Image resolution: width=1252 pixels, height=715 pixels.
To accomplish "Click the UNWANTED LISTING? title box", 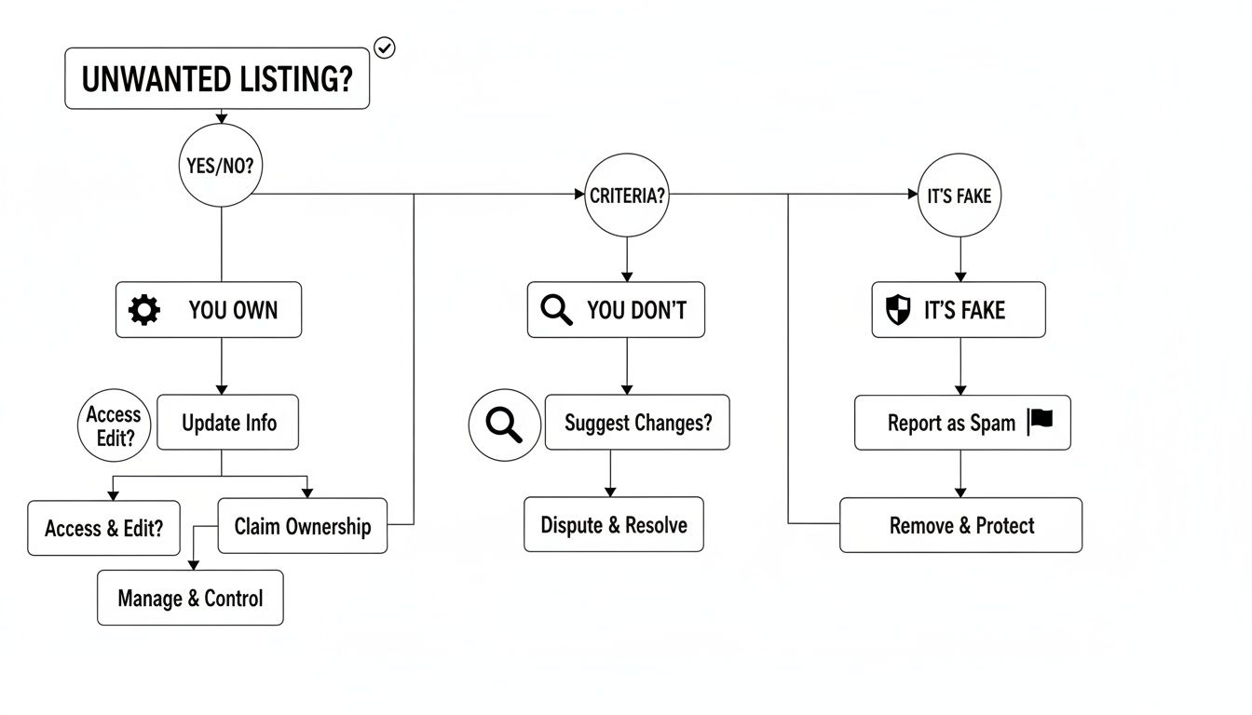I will tap(216, 79).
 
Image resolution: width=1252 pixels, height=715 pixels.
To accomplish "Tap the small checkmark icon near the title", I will tap(384, 47).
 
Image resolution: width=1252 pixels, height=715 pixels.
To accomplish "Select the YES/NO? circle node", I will tap(221, 167).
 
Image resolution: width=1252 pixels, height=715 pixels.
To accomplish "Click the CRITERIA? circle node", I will tap(626, 196).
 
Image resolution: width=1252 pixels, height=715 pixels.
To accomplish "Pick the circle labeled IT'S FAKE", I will tap(959, 196).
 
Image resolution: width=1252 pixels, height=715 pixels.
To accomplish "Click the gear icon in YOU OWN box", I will tap(144, 310).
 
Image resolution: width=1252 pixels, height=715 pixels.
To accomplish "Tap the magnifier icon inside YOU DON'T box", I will tap(556, 310).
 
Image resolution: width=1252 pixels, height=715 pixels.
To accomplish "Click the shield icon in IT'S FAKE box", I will tap(897, 310).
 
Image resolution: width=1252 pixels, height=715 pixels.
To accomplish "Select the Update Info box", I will tap(228, 423).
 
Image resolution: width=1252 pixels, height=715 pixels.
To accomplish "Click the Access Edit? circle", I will tap(114, 426).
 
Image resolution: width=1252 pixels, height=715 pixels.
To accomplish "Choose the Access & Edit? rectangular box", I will tap(103, 528).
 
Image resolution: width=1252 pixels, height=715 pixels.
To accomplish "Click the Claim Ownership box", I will tap(302, 526).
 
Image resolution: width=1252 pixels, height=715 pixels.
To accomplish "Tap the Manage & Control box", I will tap(190, 598).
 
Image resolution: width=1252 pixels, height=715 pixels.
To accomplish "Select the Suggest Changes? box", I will tap(637, 423).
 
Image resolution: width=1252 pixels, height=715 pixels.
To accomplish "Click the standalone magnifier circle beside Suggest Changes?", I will tap(504, 425).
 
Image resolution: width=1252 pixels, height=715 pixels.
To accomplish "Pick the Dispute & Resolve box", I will tap(613, 524).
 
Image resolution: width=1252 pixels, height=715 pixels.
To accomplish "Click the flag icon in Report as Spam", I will tap(1041, 421).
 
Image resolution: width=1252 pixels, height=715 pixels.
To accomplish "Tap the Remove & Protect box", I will tap(960, 525).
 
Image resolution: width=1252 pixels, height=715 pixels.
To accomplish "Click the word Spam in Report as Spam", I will tap(992, 423).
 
